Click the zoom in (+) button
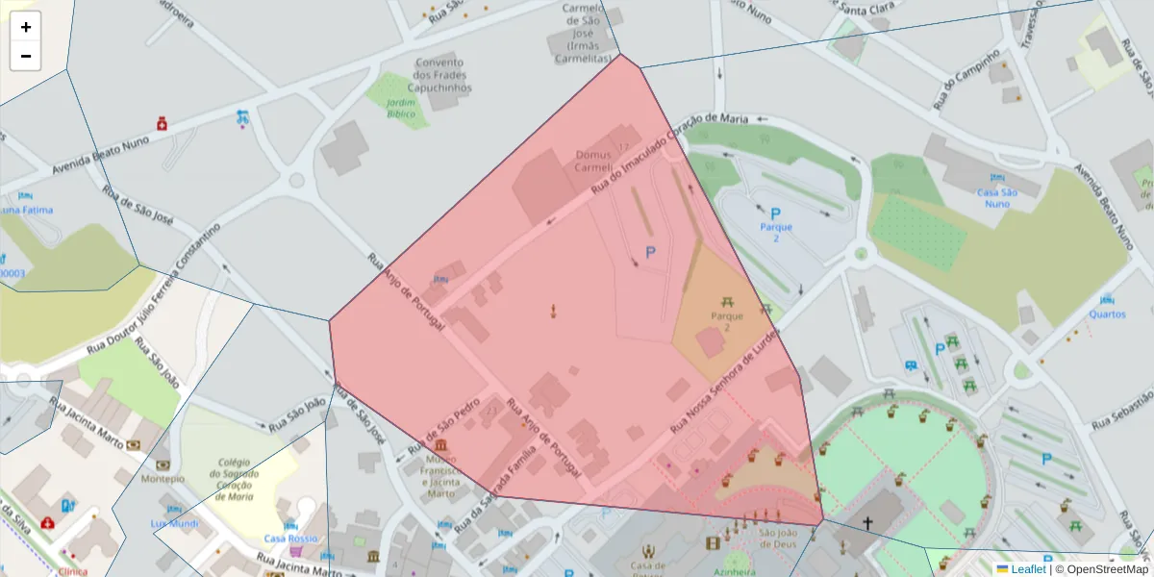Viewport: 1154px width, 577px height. click(26, 27)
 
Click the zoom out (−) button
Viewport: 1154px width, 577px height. click(26, 56)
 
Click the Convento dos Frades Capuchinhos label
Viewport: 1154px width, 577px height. click(439, 75)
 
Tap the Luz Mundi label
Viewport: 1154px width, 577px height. click(174, 524)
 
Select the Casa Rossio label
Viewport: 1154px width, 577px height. click(290, 539)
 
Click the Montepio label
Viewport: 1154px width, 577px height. click(163, 478)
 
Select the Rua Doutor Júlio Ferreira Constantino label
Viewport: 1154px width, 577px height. click(153, 289)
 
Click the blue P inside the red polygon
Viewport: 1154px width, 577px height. click(650, 253)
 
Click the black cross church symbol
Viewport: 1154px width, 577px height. click(867, 523)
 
